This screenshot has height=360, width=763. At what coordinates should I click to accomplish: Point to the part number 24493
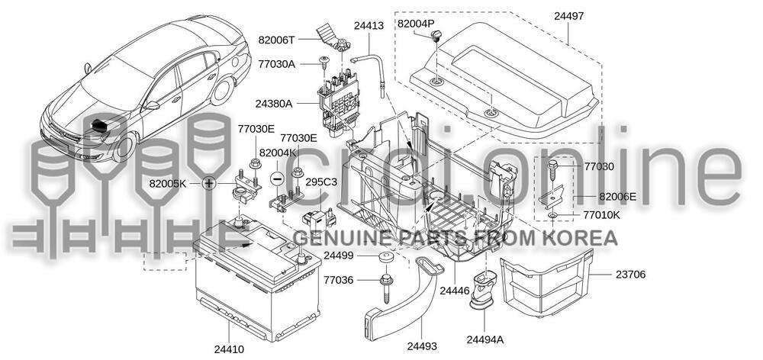421,346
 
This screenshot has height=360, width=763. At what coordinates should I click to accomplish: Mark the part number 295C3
321,183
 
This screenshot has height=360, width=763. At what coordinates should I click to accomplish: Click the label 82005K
168,184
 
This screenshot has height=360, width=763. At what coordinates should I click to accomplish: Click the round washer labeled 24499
385,256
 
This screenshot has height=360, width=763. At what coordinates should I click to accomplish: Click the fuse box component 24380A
337,103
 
